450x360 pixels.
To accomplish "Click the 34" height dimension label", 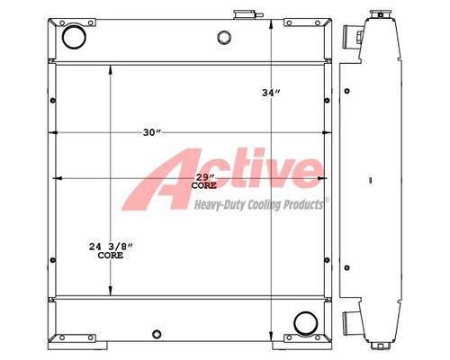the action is pyautogui.click(x=271, y=93).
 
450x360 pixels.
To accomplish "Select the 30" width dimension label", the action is pyautogui.click(x=152, y=132).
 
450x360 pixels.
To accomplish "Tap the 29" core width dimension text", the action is pyautogui.click(x=204, y=182).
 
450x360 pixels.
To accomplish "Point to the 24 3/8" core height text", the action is pyautogui.click(x=111, y=251).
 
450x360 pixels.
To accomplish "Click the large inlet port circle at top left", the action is pyautogui.click(x=74, y=37).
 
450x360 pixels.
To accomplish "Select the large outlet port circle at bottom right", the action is pyautogui.click(x=306, y=323).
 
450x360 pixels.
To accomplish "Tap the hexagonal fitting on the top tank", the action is pyautogui.click(x=224, y=38).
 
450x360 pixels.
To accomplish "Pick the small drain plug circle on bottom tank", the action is pyautogui.click(x=157, y=334).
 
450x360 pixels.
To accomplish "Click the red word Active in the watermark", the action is pyautogui.click(x=223, y=178).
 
